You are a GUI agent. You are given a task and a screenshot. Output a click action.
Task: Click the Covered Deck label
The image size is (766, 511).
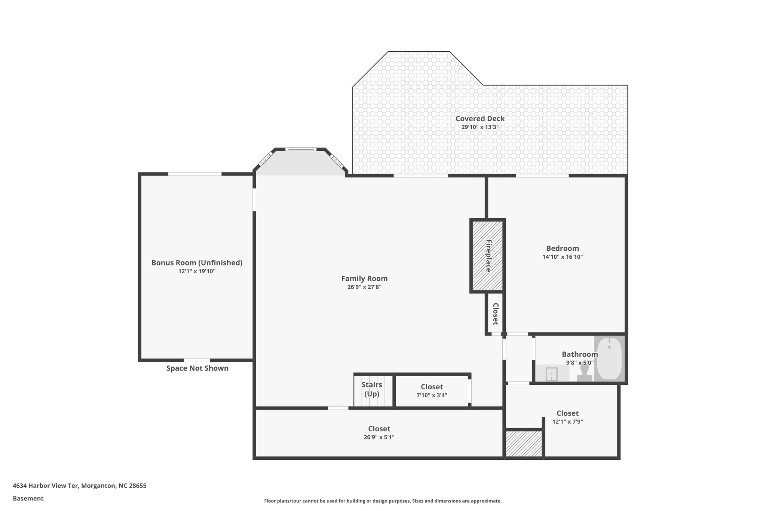coord(480,119)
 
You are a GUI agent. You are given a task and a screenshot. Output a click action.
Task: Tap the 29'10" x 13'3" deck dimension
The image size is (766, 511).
coord(480,127)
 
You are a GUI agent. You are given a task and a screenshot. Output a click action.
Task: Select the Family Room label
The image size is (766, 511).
coord(364,279)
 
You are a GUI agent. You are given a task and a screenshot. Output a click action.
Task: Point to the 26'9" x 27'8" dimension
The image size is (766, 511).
coord(364,287)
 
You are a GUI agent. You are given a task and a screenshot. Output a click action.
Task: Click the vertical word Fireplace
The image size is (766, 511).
coord(488,256)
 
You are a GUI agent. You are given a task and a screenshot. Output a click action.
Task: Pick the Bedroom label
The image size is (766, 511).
coord(562,248)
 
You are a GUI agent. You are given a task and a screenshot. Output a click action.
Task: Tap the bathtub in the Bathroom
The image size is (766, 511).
coord(609,358)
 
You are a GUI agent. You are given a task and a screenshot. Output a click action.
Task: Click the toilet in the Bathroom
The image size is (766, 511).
coord(584,373)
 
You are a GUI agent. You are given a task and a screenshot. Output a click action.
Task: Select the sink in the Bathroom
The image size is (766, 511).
coord(551,374)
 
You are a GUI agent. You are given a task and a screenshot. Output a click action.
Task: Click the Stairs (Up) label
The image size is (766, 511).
coord(372,389)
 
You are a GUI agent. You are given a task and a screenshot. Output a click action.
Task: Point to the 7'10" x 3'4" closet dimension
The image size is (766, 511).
coord(432,395)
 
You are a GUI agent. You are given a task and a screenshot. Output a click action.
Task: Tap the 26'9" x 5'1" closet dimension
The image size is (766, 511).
coord(379,437)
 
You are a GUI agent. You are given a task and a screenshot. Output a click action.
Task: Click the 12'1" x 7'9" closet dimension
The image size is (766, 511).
coord(567,422)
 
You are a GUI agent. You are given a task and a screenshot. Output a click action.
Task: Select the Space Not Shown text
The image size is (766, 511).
coord(197,368)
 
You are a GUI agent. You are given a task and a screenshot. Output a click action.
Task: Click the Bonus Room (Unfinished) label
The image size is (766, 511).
coord(197,263)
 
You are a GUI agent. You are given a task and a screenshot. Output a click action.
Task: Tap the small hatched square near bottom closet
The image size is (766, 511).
coord(524,444)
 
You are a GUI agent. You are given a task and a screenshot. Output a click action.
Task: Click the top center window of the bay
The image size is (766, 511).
coord(300,149)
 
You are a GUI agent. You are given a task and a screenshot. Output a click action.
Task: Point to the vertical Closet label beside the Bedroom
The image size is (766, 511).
coord(495,314)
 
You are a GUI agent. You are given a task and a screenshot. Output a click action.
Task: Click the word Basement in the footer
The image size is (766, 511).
coord(28,498)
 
